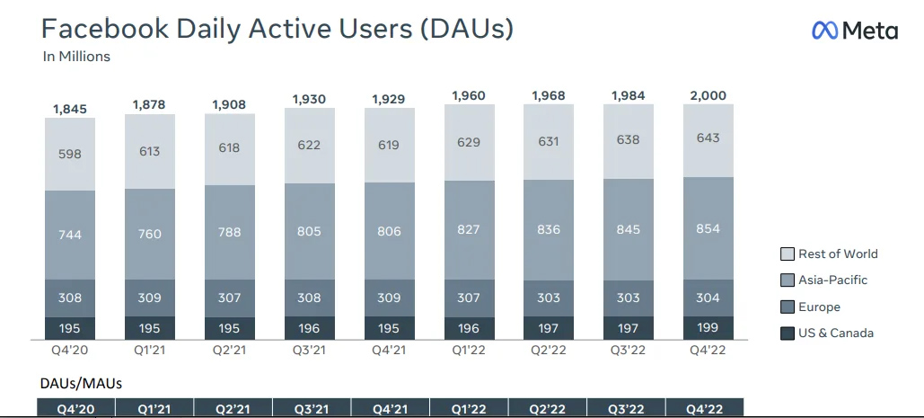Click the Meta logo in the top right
854,30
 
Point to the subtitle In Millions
76,57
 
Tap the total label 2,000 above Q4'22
708,95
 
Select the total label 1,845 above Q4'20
70,109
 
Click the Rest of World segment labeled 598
70,153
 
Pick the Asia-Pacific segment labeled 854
708,228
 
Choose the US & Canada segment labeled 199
708,327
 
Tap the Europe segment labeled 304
708,298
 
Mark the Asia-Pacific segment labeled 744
70,235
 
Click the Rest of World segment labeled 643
708,138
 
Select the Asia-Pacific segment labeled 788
229,232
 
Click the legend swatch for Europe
787,307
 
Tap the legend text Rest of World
838,253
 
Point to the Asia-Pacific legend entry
824,280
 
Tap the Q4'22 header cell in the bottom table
704,409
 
